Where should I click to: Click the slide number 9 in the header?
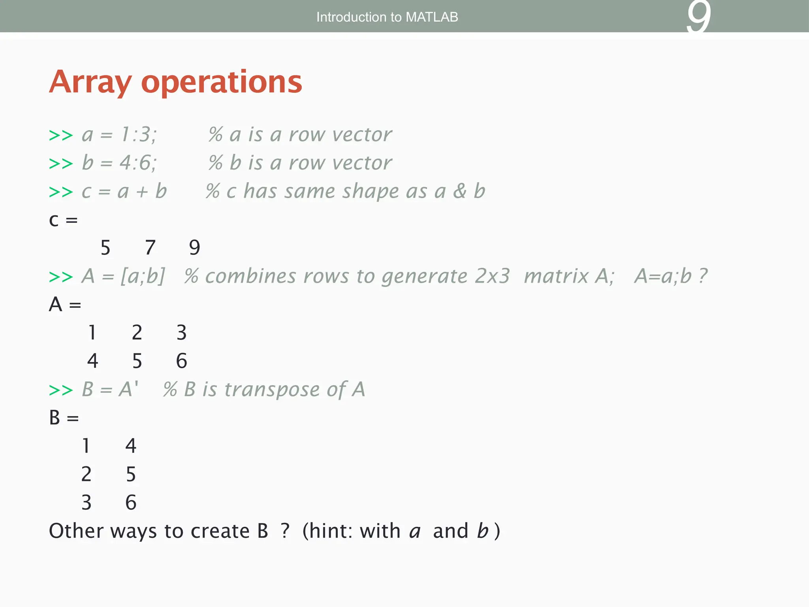point(698,18)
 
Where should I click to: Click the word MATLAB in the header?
point(432,17)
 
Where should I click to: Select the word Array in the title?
point(90,82)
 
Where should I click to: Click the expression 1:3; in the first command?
point(139,134)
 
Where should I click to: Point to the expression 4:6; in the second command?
point(138,163)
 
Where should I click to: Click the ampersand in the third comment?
point(459,191)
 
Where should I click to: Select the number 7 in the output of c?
point(150,248)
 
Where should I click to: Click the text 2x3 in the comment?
point(492,276)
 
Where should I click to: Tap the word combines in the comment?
point(250,276)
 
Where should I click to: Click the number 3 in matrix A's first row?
point(181,332)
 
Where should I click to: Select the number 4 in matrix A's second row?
point(92,361)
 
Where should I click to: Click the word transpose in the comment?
point(272,389)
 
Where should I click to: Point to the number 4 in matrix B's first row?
point(131,446)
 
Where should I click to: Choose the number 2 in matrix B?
point(86,474)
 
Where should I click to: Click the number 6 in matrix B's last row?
point(131,503)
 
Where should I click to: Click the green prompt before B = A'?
point(61,390)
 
